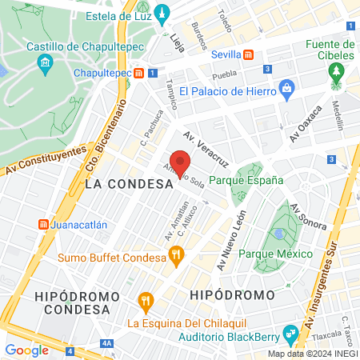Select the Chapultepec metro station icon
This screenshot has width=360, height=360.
pos(140,73)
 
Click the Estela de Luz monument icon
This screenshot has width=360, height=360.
pos(162,14)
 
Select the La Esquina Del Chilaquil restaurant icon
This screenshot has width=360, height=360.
pos(145,302)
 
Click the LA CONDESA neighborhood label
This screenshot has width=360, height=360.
pos(129,184)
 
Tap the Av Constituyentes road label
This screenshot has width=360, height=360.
pos(44,160)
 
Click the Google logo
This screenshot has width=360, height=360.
pos(26,350)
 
